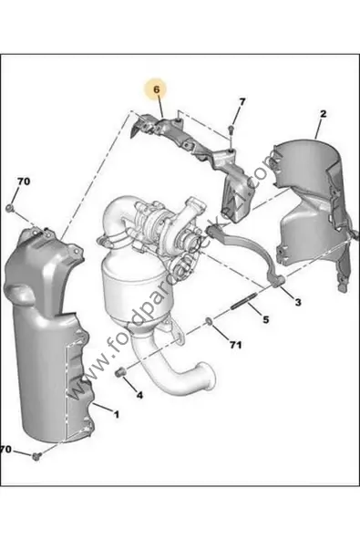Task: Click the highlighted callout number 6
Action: tap(156, 90)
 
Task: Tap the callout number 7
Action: tap(242, 100)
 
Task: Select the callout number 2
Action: tap(323, 114)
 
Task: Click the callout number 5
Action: tap(265, 320)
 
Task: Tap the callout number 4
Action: tap(139, 395)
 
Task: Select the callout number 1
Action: tap(116, 415)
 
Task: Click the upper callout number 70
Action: tap(23, 182)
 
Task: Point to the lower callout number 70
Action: tap(7, 450)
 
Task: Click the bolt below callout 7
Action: tap(231, 130)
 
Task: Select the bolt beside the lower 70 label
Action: tap(36, 454)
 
